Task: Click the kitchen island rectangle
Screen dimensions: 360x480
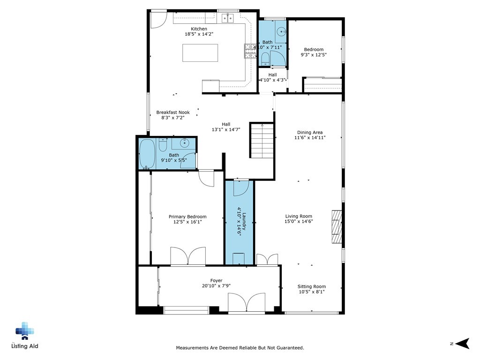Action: [x=200, y=53]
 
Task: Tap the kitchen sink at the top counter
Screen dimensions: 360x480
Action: [x=227, y=18]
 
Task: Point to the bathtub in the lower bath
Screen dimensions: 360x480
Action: [x=147, y=154]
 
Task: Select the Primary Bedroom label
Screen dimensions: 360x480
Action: [x=187, y=217]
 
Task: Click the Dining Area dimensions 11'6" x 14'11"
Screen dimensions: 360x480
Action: [x=310, y=138]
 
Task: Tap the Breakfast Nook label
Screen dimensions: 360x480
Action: [x=173, y=112]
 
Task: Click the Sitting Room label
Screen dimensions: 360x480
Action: [x=311, y=286]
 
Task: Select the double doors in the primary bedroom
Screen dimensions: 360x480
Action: [x=187, y=256]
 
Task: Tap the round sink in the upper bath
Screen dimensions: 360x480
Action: [x=281, y=32]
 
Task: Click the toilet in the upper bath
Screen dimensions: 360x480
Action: [x=265, y=58]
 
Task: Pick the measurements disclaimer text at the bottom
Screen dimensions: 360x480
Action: [x=240, y=348]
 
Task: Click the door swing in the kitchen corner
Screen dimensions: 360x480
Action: [x=158, y=18]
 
